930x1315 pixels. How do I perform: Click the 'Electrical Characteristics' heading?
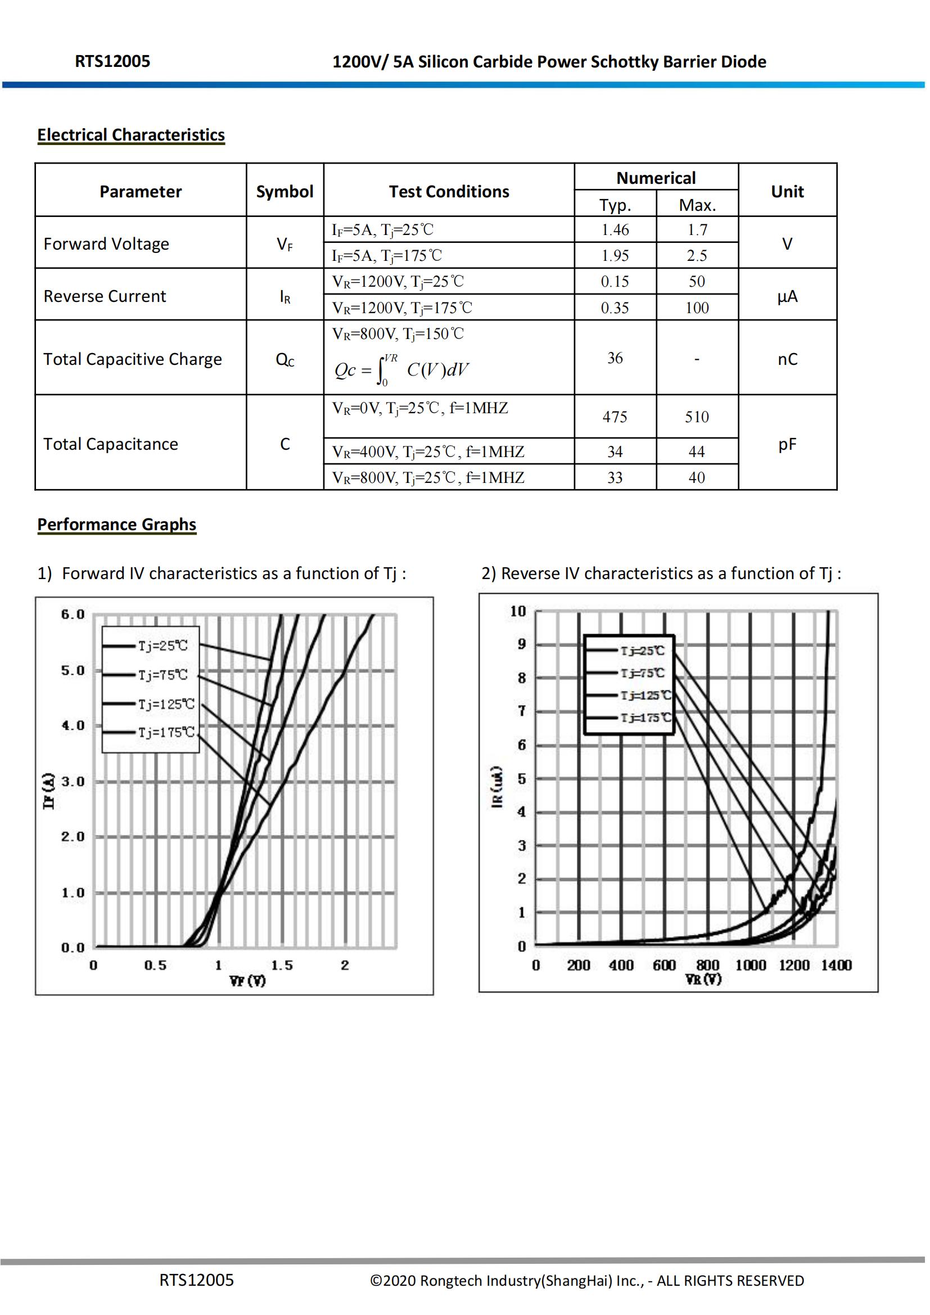click(130, 135)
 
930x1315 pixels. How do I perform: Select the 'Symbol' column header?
click(285, 191)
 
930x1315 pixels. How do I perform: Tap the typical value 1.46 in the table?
click(615, 230)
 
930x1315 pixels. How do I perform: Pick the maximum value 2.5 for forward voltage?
click(697, 255)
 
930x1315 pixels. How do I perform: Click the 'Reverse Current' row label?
click(105, 296)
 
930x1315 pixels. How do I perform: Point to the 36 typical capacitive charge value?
click(615, 358)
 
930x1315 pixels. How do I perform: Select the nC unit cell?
click(787, 359)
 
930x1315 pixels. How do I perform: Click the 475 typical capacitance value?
click(615, 417)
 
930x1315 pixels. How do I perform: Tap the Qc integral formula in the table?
click(401, 370)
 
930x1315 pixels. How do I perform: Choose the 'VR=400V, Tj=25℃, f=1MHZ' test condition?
click(428, 452)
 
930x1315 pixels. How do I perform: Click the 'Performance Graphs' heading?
click(117, 525)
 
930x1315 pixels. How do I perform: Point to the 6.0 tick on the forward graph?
click(73, 614)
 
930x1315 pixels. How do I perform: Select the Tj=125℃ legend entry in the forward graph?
click(166, 704)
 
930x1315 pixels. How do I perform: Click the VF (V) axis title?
click(247, 981)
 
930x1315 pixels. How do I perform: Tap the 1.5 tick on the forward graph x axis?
click(282, 966)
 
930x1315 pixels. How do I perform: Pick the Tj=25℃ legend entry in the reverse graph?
click(643, 650)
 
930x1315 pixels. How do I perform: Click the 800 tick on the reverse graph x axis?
click(708, 965)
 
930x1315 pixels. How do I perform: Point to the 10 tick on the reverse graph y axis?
click(518, 611)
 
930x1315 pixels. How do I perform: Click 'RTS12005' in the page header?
click(112, 61)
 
